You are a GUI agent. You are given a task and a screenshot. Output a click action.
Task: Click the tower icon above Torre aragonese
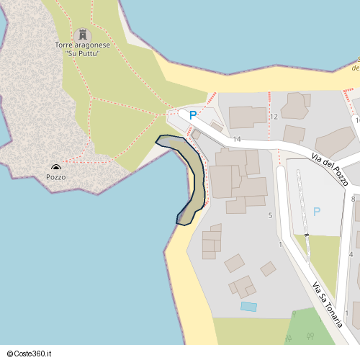[x=83, y=34]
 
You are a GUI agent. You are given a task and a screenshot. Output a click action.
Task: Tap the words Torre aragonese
[x=83, y=45]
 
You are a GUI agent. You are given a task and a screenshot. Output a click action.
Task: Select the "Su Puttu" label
[x=82, y=53]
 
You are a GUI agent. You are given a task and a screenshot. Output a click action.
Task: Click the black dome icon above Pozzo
[x=56, y=167]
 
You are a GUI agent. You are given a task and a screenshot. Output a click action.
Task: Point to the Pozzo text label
[x=56, y=176]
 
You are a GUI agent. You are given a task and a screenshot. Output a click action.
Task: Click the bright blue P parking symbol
[x=192, y=114]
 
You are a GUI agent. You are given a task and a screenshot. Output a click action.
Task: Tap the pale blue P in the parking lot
[x=317, y=212]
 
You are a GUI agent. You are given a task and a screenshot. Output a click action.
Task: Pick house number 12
[x=274, y=116]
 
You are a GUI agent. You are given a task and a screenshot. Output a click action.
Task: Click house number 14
[x=236, y=138]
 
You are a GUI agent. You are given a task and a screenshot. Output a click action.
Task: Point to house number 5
[x=270, y=215]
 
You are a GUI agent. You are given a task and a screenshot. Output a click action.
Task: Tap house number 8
[x=353, y=198]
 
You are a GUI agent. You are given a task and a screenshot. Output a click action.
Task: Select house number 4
[x=351, y=254]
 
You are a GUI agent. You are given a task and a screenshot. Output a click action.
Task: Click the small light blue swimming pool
[x=248, y=307]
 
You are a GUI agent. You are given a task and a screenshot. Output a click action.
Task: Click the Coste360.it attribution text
[x=34, y=354]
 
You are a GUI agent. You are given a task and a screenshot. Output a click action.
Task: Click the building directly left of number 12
[x=247, y=116]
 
